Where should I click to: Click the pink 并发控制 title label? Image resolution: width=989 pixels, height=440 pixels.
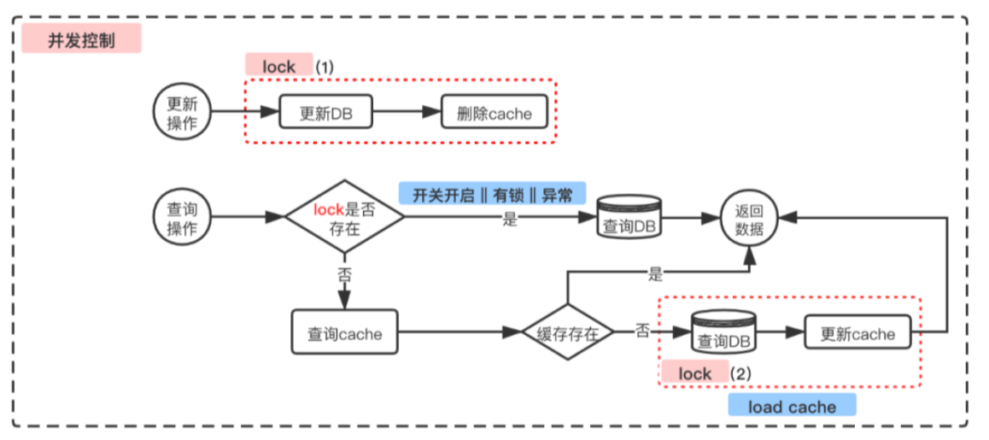(82, 39)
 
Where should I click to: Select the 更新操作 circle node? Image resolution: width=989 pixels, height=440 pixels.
(181, 113)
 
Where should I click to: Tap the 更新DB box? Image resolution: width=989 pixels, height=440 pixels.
(328, 113)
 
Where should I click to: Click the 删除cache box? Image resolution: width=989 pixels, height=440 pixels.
(494, 113)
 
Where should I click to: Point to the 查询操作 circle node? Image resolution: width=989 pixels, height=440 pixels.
(181, 218)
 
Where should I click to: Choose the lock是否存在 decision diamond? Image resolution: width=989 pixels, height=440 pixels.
(343, 218)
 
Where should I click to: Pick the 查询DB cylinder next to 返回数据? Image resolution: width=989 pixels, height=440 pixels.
(630, 220)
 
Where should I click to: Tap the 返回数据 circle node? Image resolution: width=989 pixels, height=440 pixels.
(749, 218)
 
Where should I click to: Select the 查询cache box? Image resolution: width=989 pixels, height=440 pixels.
(344, 334)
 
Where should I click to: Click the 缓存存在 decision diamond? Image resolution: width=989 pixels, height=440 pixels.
(567, 334)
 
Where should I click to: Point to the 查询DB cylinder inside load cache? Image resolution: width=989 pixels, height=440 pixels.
(723, 334)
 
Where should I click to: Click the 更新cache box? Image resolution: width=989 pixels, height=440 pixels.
(857, 334)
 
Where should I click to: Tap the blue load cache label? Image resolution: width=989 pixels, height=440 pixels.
(792, 406)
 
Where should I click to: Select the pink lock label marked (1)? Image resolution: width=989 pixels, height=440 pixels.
(279, 65)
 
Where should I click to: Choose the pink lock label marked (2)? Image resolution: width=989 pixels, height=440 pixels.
(694, 373)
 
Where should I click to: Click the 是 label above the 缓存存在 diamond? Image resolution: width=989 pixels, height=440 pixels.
(656, 274)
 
